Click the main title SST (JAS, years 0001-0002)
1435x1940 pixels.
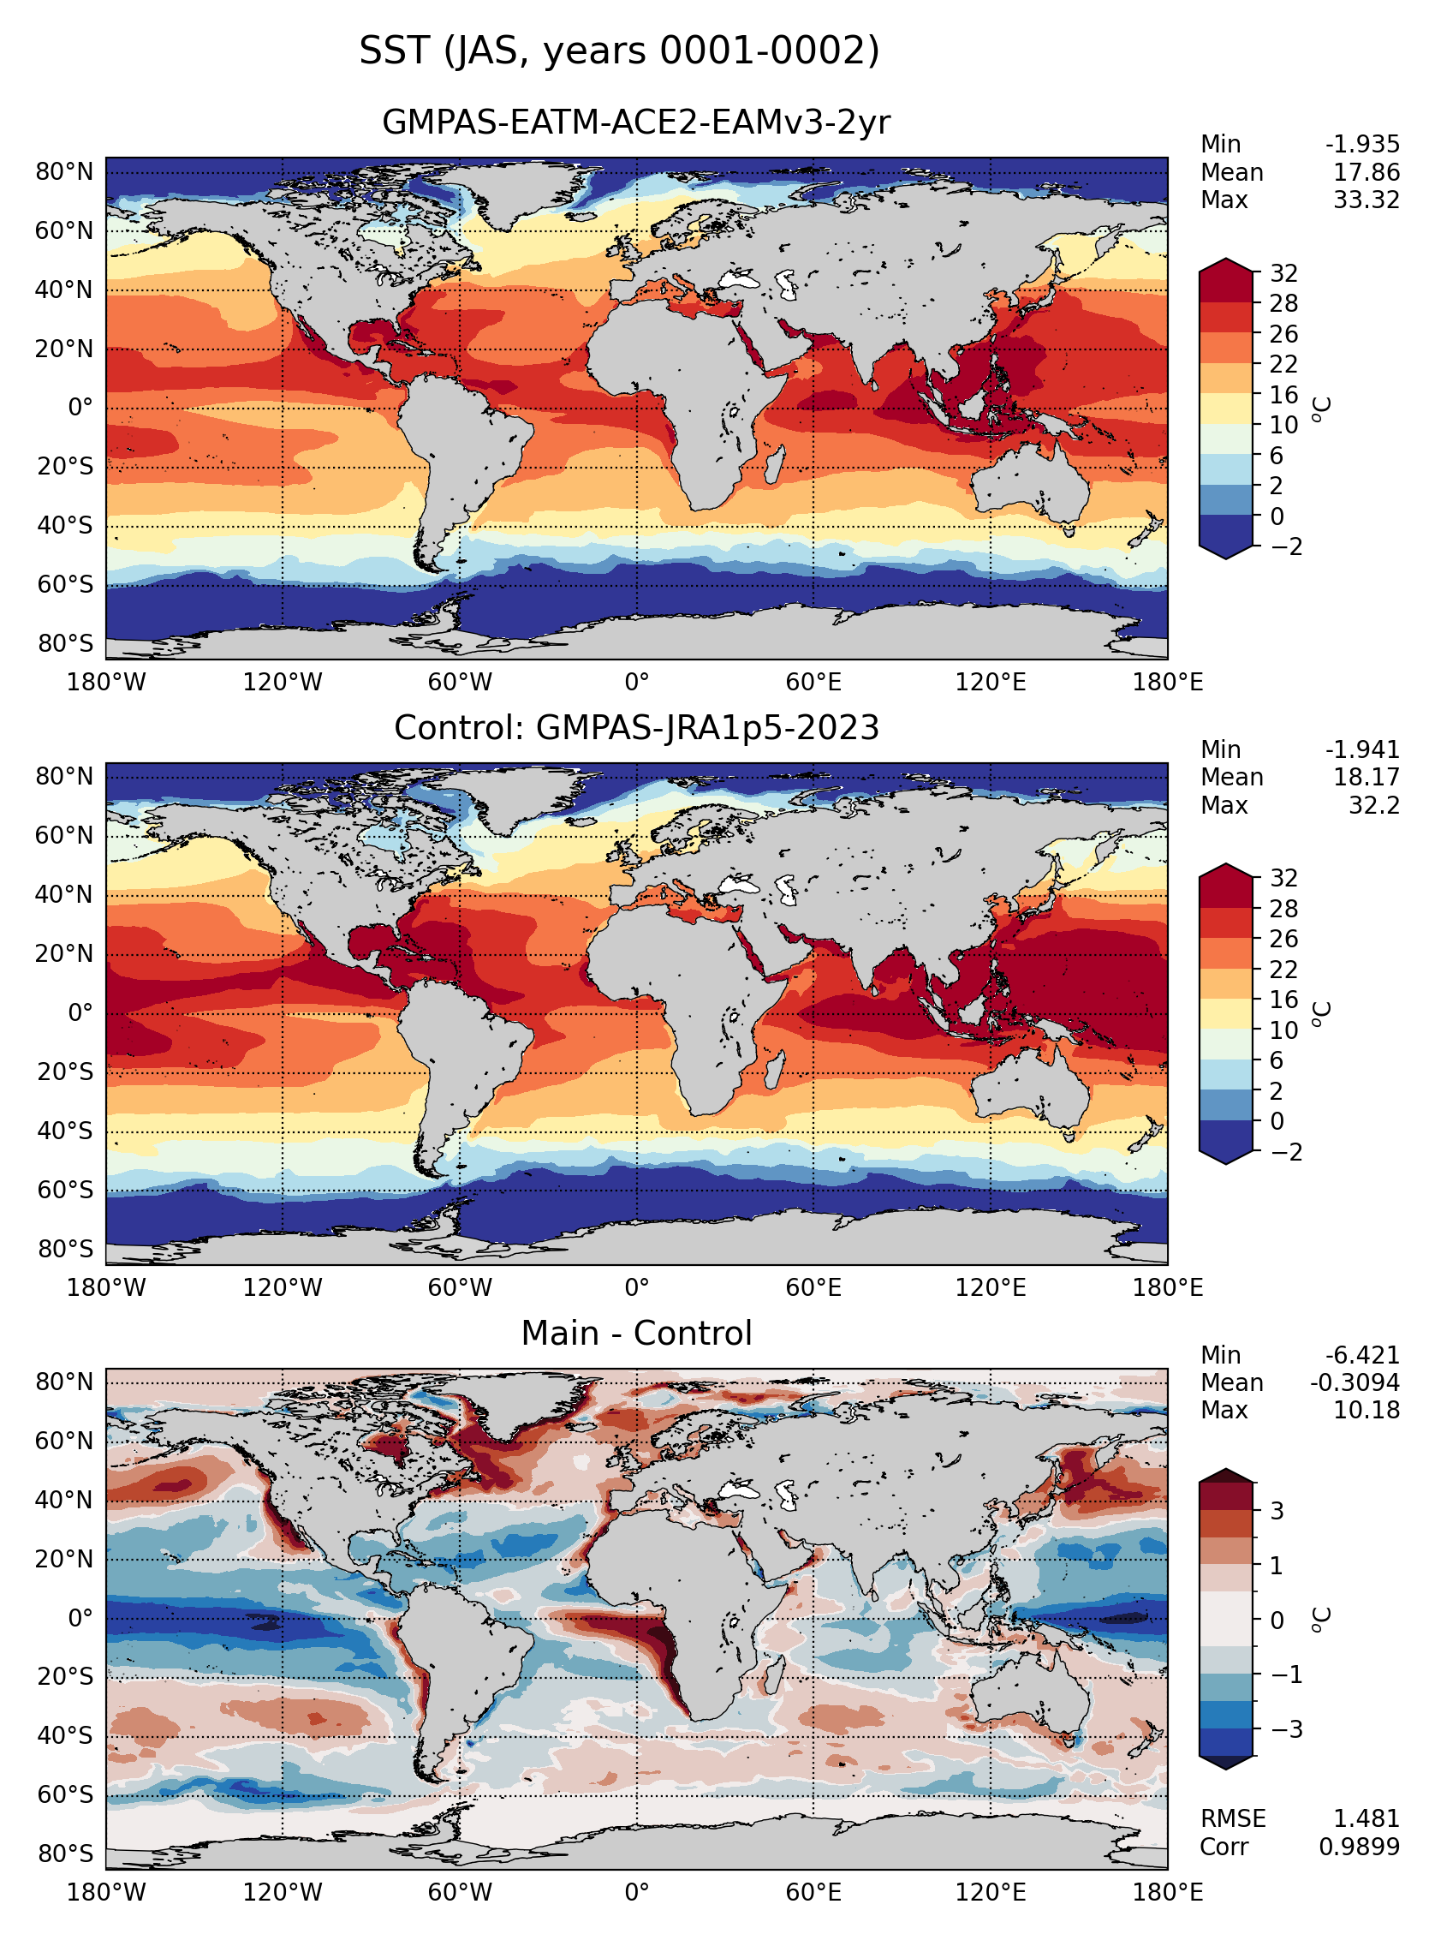[x=619, y=51]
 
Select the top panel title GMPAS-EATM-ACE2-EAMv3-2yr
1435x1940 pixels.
[x=636, y=122]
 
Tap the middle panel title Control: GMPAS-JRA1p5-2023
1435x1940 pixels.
[x=637, y=728]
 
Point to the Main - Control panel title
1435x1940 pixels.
[x=637, y=1334]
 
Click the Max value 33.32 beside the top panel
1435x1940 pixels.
[x=1367, y=200]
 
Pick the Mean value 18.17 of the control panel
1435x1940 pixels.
[x=1367, y=778]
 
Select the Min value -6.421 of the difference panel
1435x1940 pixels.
[x=1362, y=1355]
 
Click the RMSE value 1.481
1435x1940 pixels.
[x=1367, y=1818]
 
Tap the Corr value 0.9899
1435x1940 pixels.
[x=1360, y=1846]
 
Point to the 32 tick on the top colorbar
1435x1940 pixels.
[x=1283, y=274]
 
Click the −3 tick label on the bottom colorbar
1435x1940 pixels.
[x=1287, y=1729]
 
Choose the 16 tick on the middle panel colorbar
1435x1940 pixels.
[x=1283, y=1000]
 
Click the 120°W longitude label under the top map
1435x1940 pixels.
[x=283, y=682]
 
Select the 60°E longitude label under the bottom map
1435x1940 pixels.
[x=813, y=1892]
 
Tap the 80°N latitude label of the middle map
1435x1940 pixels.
[x=64, y=777]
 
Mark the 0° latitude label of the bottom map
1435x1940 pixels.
[x=80, y=1619]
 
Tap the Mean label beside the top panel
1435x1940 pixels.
[x=1232, y=173]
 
